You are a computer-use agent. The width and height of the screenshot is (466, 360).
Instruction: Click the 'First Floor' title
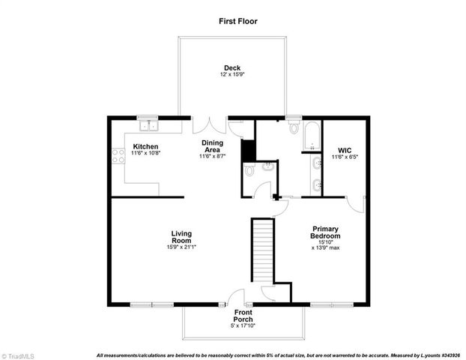tap(238, 21)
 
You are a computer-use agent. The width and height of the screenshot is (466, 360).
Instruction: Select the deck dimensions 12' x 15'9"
tap(232, 74)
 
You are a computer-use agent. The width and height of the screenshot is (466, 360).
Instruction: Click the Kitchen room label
tap(145, 145)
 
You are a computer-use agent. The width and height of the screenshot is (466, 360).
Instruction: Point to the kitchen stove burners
tap(118, 156)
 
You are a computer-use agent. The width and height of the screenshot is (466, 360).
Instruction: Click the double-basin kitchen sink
tap(148, 124)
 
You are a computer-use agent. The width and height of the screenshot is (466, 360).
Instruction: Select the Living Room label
tap(182, 237)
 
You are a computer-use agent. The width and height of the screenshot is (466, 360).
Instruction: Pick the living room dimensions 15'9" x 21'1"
tap(182, 247)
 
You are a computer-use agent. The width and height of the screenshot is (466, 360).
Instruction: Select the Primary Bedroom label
tap(325, 232)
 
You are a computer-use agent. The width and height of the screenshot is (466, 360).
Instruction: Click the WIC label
tap(345, 149)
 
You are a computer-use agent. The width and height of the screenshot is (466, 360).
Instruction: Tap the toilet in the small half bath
tap(249, 171)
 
